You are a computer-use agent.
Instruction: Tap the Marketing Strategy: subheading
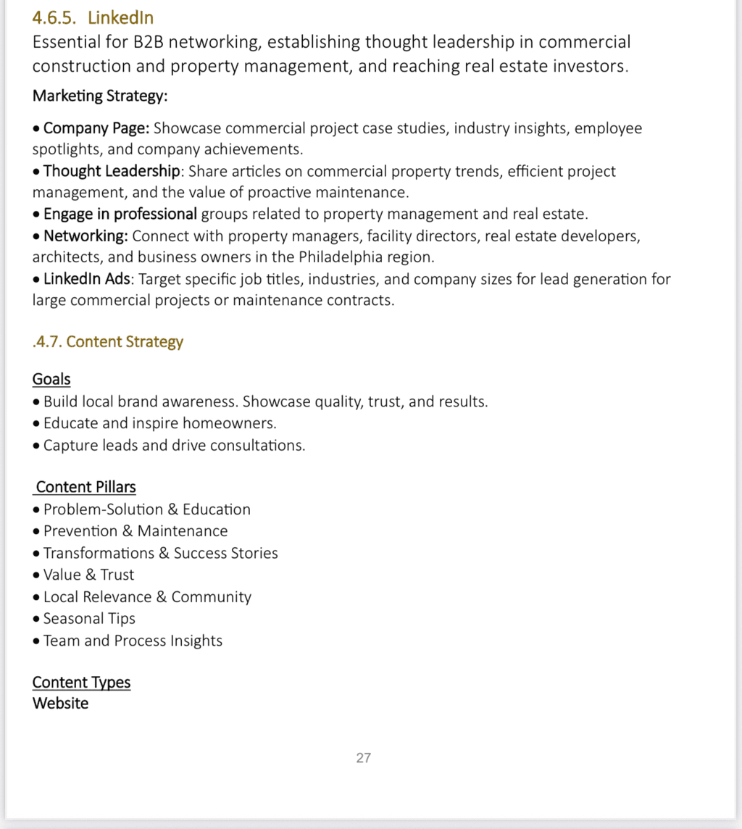coord(100,96)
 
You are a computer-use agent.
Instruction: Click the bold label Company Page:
coord(96,128)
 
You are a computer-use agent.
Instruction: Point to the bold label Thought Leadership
coord(112,171)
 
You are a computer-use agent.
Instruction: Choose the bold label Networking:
coord(86,236)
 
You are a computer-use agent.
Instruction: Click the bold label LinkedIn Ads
coord(87,279)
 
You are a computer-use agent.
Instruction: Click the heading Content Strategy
coord(125,342)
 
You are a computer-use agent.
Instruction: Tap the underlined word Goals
coord(51,379)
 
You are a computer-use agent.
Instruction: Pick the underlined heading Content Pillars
coord(86,487)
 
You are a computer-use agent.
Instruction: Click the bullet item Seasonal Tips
coord(89,619)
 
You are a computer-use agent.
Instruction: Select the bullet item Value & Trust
coord(88,575)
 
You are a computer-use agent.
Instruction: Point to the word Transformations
coord(98,553)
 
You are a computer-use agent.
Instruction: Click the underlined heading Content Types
coord(81,683)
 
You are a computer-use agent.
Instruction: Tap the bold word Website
coord(60,703)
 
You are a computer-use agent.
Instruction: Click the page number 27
coord(364,758)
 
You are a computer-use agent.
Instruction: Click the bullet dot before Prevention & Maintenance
coord(37,532)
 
